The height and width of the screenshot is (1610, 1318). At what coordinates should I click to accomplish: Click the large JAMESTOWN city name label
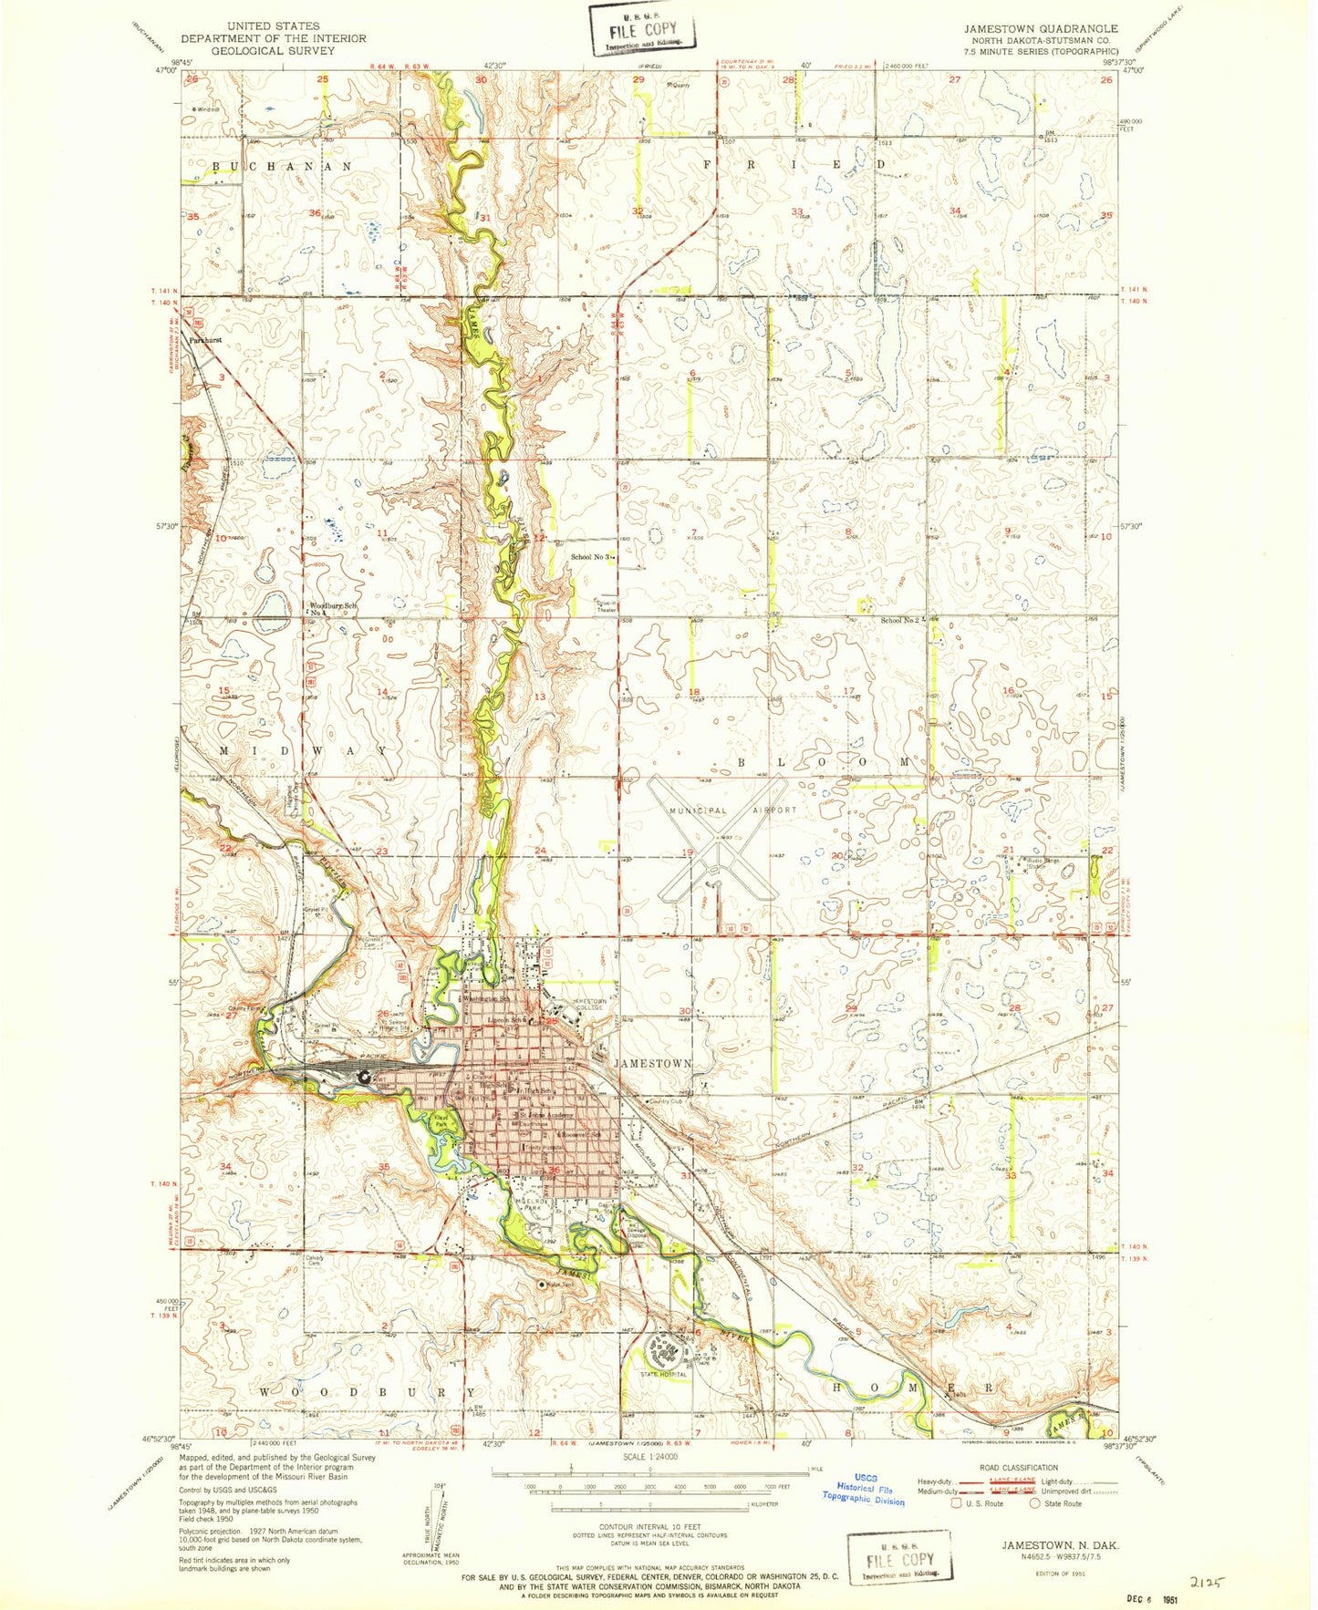653,1064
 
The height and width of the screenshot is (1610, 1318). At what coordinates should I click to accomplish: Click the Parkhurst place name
206,339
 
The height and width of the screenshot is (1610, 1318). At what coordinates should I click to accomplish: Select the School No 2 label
900,620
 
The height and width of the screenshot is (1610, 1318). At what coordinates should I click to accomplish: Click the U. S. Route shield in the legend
956,1503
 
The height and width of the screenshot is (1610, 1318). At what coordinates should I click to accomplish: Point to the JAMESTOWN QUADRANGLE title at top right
1041,29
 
